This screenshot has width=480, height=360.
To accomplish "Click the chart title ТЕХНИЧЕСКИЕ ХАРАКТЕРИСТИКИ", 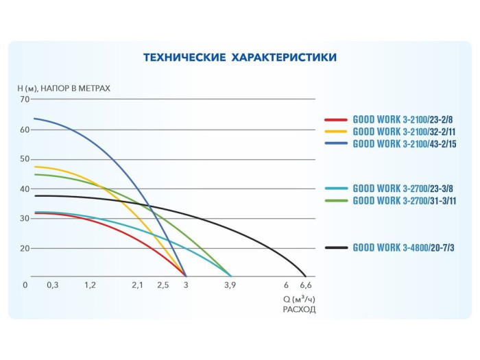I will click(x=240, y=58).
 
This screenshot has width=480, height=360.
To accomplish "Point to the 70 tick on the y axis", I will click(x=25, y=99).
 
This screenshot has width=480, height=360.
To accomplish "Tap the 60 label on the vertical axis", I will click(x=25, y=130).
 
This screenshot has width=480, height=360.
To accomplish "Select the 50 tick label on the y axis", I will click(x=25, y=159).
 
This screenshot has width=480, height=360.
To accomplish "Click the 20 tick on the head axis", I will click(x=25, y=248).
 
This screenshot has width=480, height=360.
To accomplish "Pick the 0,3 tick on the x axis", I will click(x=52, y=285).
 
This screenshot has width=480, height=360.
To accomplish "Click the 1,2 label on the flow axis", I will click(x=90, y=285).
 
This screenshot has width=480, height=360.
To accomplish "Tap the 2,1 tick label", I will click(x=137, y=285).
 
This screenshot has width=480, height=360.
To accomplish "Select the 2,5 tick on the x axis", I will click(x=163, y=285).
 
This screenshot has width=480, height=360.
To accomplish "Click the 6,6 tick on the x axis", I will click(x=306, y=285).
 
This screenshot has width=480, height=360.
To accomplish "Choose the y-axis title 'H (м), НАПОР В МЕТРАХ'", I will click(x=64, y=88).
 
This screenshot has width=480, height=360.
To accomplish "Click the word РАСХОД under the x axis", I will click(x=299, y=310).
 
